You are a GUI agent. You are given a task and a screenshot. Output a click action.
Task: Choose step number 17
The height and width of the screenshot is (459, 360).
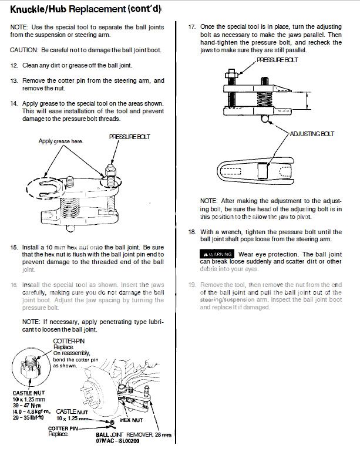[191, 27]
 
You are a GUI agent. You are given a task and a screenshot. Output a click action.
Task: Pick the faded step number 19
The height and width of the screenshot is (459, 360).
[191, 285]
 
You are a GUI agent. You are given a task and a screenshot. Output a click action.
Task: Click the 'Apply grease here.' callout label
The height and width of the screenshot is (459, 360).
[61, 141]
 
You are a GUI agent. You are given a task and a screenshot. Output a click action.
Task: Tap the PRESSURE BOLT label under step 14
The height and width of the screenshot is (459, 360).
[130, 137]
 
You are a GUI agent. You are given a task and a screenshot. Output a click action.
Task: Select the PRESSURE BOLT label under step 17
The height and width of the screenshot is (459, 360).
[277, 60]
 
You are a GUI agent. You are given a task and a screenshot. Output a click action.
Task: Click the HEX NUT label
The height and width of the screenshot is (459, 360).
[132, 420]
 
